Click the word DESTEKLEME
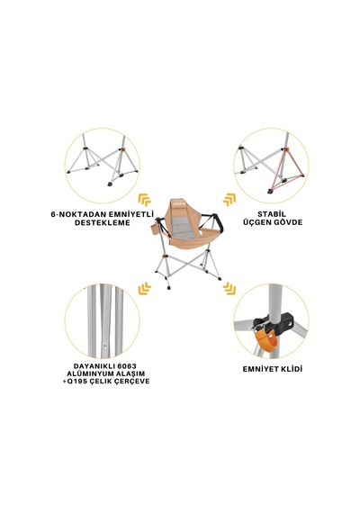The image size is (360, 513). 102,223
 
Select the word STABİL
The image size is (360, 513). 272,214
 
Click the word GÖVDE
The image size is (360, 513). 287,222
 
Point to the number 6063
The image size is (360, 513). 125,365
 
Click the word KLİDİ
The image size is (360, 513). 291,369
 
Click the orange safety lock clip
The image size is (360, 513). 265,339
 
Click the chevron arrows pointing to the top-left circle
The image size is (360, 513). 144,200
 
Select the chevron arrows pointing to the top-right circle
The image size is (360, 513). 229,200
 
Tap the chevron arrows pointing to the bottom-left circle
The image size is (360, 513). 144,289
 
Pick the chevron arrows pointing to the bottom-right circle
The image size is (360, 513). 229,289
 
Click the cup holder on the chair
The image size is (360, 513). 156,229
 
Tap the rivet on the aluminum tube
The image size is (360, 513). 105,345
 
